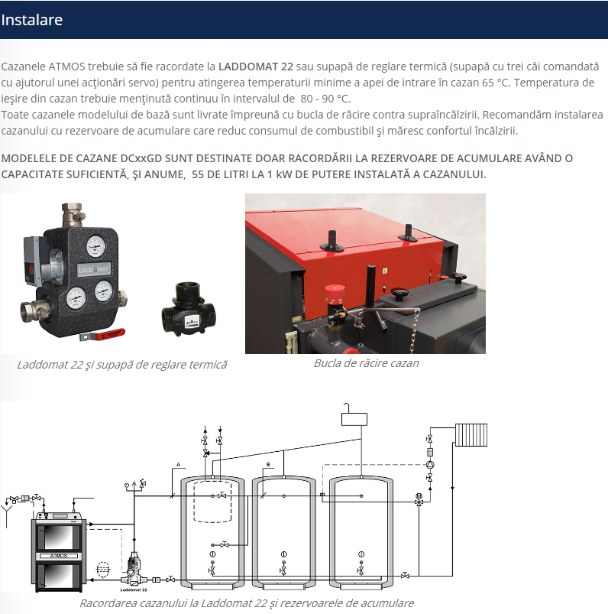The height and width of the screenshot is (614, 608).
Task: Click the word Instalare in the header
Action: click(x=31, y=20)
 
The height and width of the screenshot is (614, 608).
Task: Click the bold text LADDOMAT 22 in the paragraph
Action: click(x=255, y=67)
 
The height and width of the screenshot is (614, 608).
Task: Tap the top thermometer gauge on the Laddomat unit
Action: click(x=95, y=247)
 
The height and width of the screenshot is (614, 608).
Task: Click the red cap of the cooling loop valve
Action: click(x=335, y=294)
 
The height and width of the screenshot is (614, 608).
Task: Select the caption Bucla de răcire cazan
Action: click(x=366, y=363)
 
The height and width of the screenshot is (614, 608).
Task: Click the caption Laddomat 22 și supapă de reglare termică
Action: click(x=122, y=365)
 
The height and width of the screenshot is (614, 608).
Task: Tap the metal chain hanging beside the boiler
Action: click(x=414, y=331)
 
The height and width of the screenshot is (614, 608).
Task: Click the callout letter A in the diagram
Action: click(x=179, y=465)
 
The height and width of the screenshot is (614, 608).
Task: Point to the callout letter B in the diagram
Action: click(x=268, y=465)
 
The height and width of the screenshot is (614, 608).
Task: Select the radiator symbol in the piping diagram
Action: click(x=471, y=435)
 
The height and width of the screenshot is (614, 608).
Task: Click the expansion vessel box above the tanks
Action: click(x=354, y=419)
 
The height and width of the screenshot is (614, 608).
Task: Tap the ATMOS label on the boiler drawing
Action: click(x=59, y=556)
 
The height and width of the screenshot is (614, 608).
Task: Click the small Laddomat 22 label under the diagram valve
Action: click(x=134, y=590)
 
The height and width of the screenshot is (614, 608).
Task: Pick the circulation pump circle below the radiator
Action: click(x=430, y=465)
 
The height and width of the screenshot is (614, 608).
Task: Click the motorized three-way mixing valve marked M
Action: click(x=419, y=499)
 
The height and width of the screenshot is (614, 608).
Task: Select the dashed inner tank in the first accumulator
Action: click(x=213, y=501)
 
